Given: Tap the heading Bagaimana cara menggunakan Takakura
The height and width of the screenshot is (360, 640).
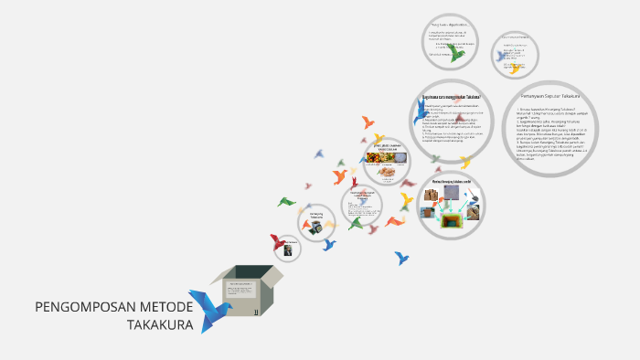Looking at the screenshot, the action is tap(451, 97).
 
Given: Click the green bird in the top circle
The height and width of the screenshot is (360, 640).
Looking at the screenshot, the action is tap(456, 54).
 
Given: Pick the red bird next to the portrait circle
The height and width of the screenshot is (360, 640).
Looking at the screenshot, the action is tap(277, 241).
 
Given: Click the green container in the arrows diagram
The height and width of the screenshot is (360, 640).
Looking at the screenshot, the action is tap(451, 220).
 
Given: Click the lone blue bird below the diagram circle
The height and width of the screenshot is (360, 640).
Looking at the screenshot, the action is tap(401, 258).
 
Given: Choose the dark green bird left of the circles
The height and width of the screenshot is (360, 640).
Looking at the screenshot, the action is tap(286, 201).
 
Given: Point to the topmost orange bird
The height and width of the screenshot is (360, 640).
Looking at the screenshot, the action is tap(368, 121).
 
